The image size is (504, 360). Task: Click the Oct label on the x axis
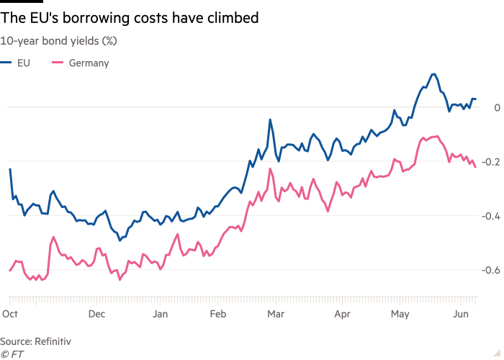[x=10, y=314]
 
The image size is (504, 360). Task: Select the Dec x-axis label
[x=97, y=314]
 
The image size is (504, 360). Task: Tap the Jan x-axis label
[x=161, y=314]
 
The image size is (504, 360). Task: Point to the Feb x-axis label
[x=218, y=314]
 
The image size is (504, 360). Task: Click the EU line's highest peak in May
[x=433, y=73]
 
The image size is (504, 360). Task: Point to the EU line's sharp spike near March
[x=271, y=120]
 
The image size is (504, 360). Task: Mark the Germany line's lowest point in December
[x=120, y=279]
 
